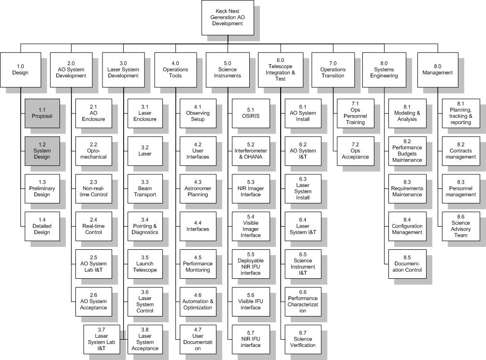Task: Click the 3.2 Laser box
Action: [x=145, y=150]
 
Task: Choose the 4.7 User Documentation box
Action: [x=197, y=339]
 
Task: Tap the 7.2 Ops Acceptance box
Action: [x=355, y=150]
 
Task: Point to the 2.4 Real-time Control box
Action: [x=94, y=226]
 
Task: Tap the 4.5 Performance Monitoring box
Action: [x=197, y=263]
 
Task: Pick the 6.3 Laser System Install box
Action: [x=303, y=188]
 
